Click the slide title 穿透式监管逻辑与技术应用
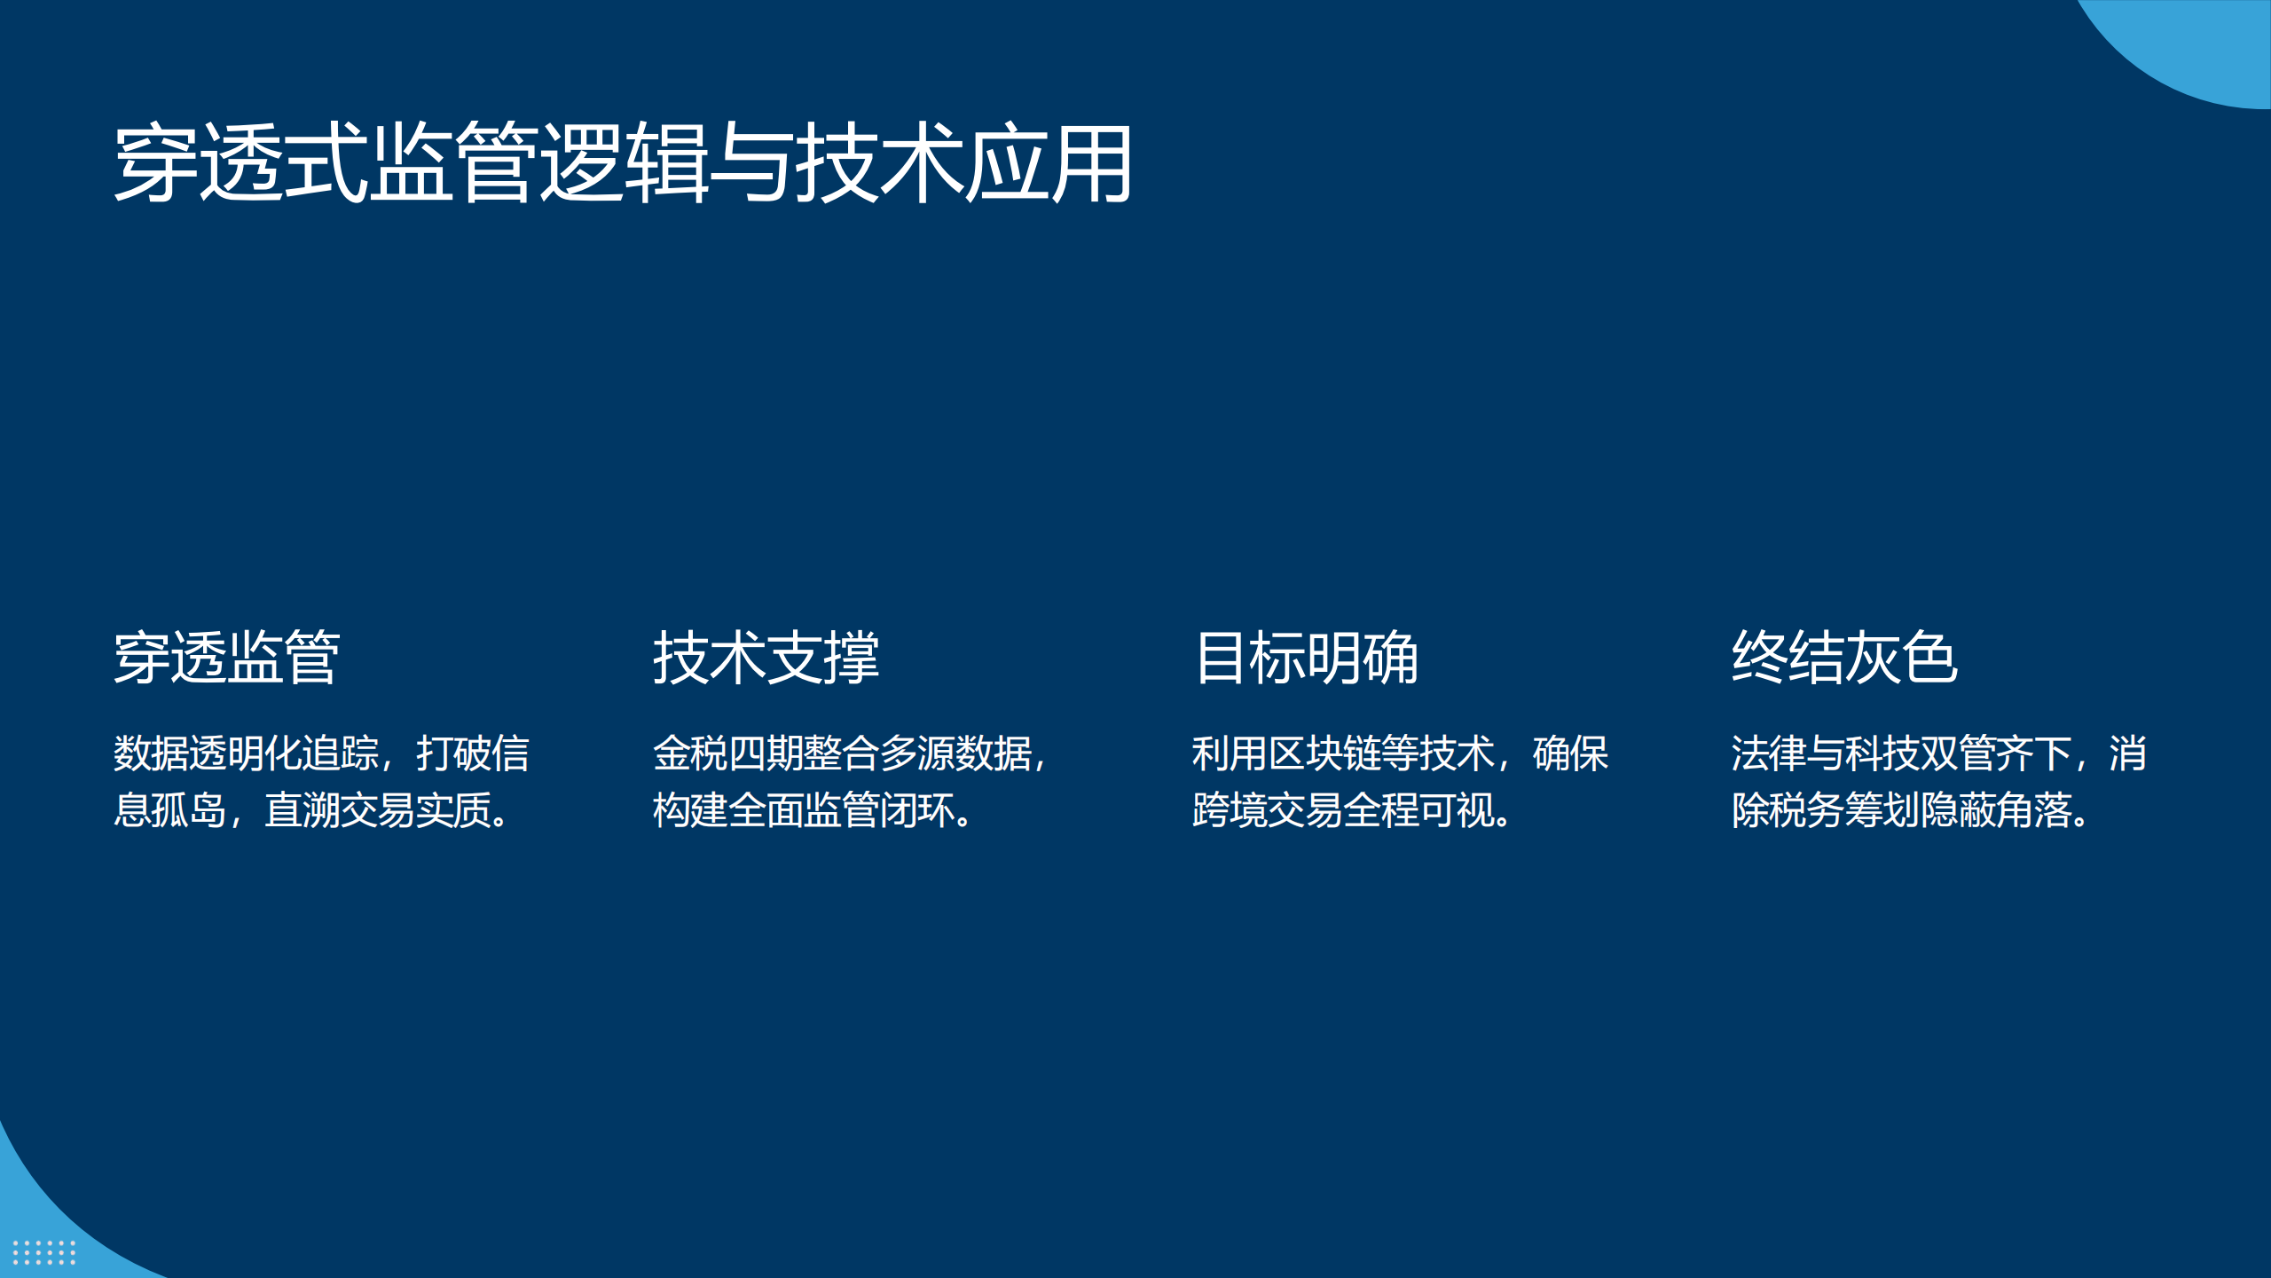(x=623, y=163)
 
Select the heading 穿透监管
(x=227, y=658)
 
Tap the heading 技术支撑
(x=766, y=658)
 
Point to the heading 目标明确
(x=1306, y=658)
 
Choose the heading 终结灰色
(x=1845, y=658)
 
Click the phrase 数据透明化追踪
(x=247, y=753)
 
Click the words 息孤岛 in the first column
(x=170, y=810)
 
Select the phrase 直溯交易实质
(x=379, y=810)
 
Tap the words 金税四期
(x=728, y=753)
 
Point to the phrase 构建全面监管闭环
(x=804, y=810)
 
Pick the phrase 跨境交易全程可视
(x=1343, y=810)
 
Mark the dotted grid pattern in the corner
(x=43, y=1252)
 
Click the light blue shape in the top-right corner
(x=2191, y=44)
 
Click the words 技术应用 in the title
(x=963, y=163)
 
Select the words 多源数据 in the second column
(x=955, y=753)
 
